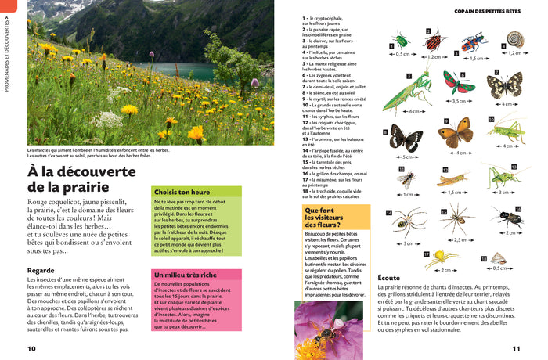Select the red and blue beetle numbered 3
click(x=472, y=43)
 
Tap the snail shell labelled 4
click(x=514, y=38)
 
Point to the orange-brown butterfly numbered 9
click(x=455, y=134)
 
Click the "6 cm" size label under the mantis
click(x=413, y=112)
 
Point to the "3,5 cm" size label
click(x=459, y=101)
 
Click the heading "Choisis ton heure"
click(x=182, y=192)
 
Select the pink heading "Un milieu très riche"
click(x=186, y=275)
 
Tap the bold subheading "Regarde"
click(x=41, y=270)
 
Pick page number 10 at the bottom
click(x=31, y=349)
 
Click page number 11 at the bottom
click(x=516, y=349)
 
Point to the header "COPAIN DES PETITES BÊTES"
click(x=487, y=11)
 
